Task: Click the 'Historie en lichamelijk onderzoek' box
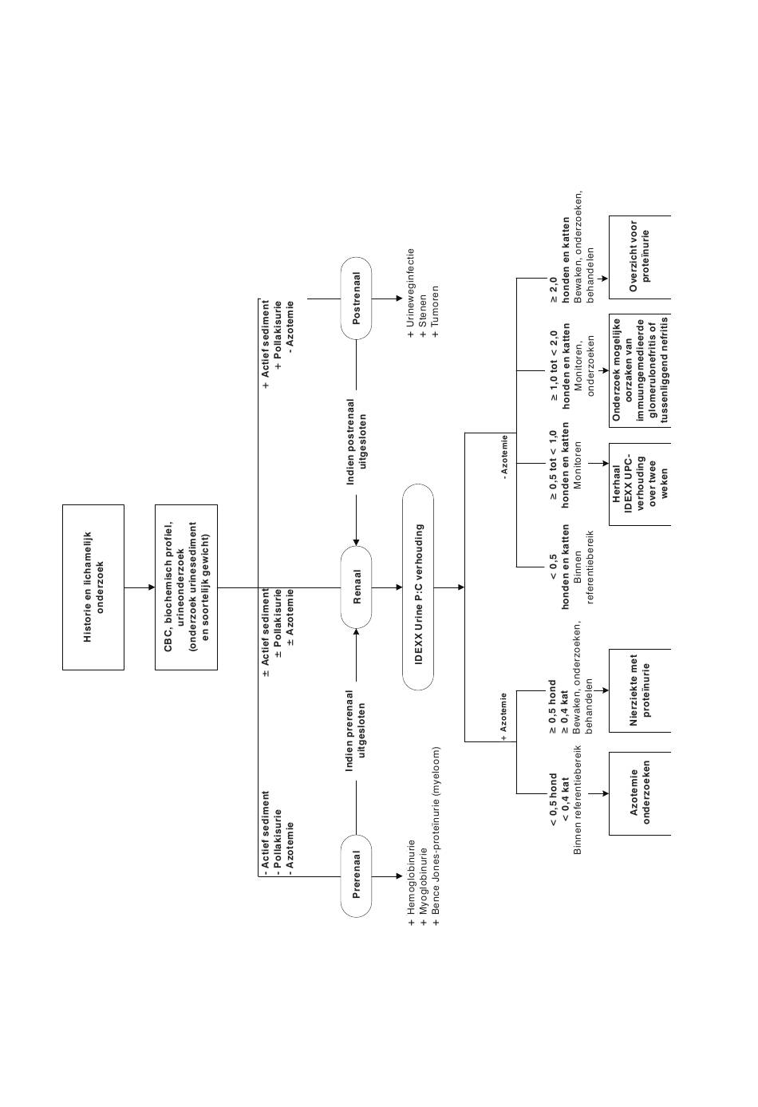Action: pyautogui.click(x=93, y=587)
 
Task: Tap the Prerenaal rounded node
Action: pyautogui.click(x=357, y=876)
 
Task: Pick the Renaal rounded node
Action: pyautogui.click(x=357, y=587)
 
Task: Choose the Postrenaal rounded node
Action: pyautogui.click(x=357, y=298)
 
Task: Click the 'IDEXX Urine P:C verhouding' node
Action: pyautogui.click(x=418, y=587)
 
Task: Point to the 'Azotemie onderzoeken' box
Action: pyautogui.click(x=639, y=794)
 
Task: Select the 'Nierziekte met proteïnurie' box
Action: pyautogui.click(x=639, y=690)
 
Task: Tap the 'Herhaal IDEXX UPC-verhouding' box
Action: pyautogui.click(x=639, y=484)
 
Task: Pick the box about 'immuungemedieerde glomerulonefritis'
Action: pyautogui.click(x=639, y=370)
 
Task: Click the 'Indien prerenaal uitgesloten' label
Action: pyautogui.click(x=357, y=731)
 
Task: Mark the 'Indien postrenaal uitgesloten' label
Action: pyautogui.click(x=357, y=442)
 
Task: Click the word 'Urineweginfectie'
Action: pyautogui.click(x=412, y=289)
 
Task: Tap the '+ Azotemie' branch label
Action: pyautogui.click(x=504, y=717)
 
